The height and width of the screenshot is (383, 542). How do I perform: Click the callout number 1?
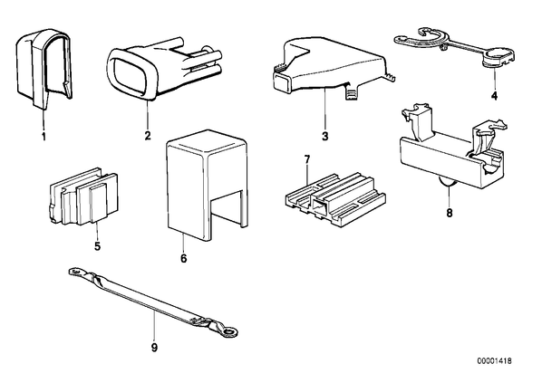coord(44,137)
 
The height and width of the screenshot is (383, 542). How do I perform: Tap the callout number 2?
coord(148,136)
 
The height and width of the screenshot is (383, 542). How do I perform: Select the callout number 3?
coord(324,136)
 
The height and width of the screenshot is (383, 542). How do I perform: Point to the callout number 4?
coord(495,96)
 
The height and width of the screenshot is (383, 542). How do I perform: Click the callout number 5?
coord(97,246)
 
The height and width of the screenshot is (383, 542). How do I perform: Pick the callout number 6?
coord(184,258)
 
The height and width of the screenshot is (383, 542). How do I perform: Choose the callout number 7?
coord(307,159)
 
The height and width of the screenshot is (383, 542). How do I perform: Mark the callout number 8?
coord(450,213)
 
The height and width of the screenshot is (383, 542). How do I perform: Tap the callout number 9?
coord(154,348)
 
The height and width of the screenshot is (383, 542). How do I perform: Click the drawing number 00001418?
coord(495,361)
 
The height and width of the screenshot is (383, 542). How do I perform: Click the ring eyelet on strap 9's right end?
coord(228,332)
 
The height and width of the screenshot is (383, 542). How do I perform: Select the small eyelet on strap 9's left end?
coord(74,273)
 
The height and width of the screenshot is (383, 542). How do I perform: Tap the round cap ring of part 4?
coord(498,55)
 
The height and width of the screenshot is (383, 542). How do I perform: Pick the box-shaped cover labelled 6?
coord(208,185)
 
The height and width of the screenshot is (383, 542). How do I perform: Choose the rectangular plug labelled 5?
coord(83,196)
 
